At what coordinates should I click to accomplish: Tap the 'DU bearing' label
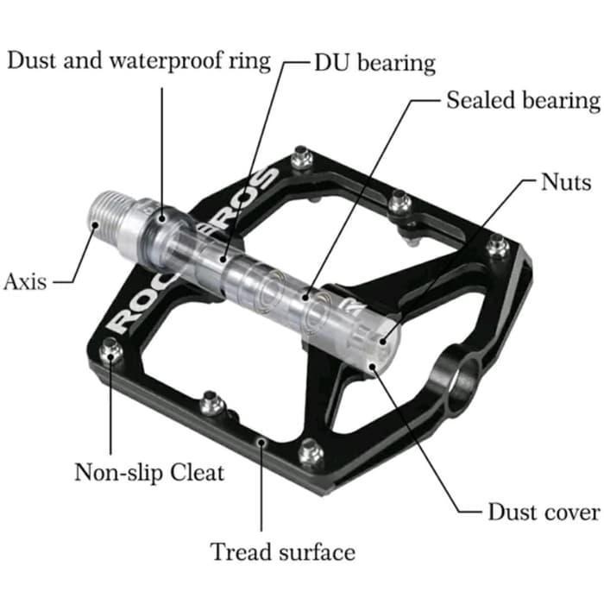374,63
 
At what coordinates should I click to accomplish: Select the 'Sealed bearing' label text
522,100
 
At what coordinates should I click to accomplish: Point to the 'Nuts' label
566,182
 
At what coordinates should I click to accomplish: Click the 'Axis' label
25,281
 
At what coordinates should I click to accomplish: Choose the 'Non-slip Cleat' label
149,472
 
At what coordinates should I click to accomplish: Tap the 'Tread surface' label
282,551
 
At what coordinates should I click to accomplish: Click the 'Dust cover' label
543,512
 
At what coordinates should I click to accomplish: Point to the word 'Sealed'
475,100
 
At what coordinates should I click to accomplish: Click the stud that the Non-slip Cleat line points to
110,350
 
